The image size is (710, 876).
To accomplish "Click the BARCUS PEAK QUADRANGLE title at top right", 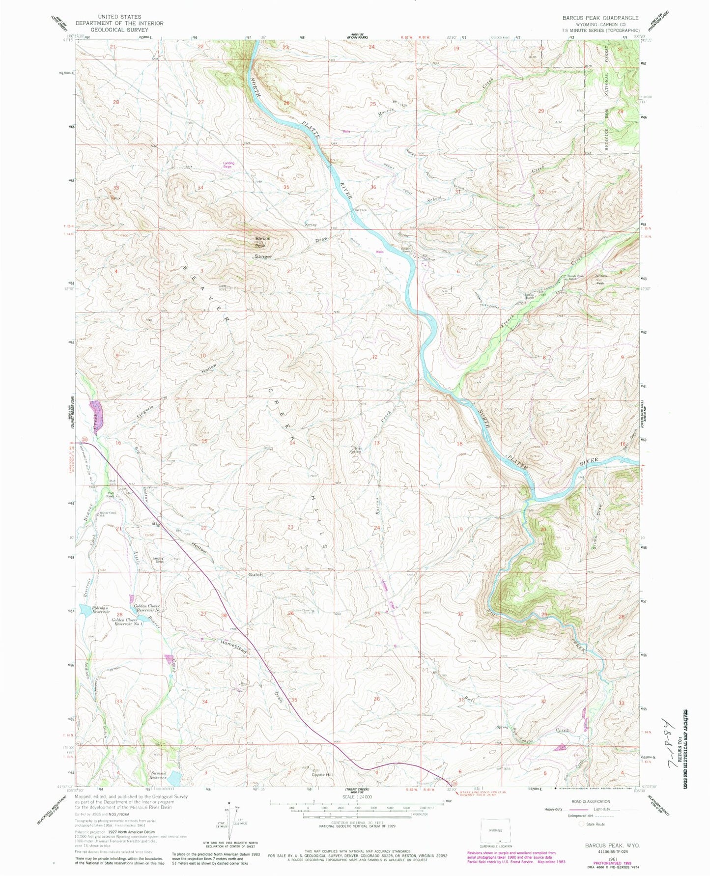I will (x=600, y=18).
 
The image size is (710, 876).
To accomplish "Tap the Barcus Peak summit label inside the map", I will (x=262, y=241).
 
